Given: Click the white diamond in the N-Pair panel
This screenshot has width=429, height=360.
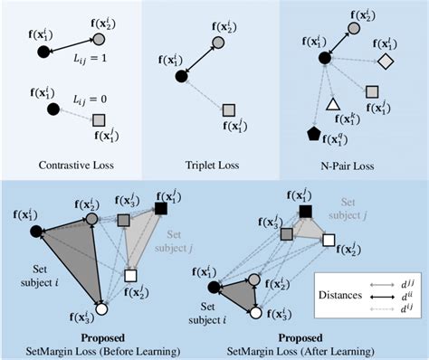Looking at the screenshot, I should coord(385,61).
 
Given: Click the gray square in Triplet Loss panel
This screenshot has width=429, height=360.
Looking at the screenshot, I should coord(230,109).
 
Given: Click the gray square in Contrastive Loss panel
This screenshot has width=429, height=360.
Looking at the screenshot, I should coord(99,119).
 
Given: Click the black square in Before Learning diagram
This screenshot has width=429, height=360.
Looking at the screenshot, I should coord(161,209).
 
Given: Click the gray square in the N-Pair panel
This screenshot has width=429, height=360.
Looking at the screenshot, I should coord(371,91).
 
